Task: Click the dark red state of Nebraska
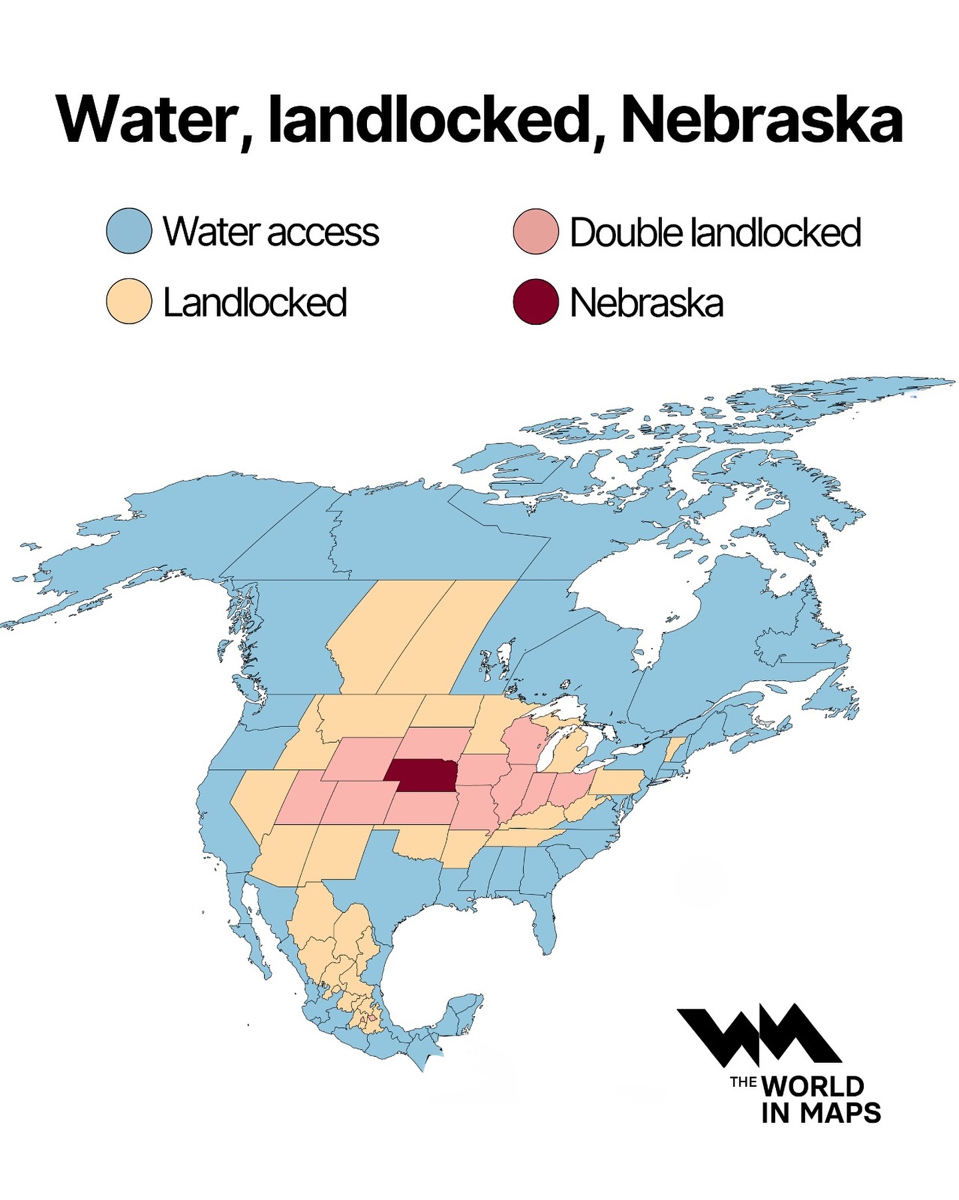click(x=423, y=776)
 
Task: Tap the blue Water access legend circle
click(x=129, y=231)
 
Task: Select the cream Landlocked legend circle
click(x=129, y=301)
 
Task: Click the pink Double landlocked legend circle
click(x=535, y=232)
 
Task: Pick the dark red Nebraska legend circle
click(x=535, y=302)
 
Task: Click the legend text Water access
click(x=271, y=232)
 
